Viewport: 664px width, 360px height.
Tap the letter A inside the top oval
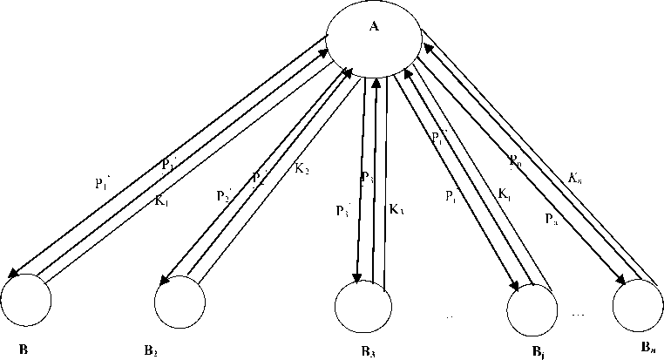click(374, 26)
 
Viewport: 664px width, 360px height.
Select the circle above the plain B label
click(25, 300)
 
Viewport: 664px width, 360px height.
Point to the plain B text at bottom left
click(24, 349)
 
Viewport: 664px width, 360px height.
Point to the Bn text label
click(647, 348)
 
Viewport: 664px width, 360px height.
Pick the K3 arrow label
click(396, 209)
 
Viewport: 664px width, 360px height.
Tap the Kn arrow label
click(574, 180)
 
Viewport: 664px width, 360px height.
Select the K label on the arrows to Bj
click(505, 194)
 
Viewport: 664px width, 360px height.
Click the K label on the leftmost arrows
click(160, 200)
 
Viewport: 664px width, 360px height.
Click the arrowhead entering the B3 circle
click(357, 278)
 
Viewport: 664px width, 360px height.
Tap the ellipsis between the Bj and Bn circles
click(579, 312)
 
